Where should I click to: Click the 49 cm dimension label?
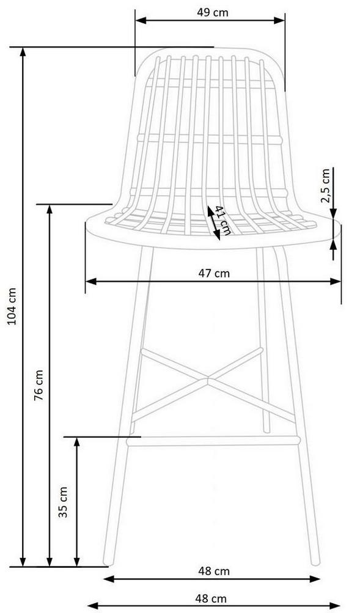point(212,12)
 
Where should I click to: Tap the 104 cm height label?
point(12,306)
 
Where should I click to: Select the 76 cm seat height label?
point(39,385)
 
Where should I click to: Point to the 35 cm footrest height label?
point(63,502)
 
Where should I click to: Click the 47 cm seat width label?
point(214,273)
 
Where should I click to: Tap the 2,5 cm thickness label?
point(325,186)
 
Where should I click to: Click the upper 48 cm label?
point(214,571)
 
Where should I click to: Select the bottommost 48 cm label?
point(211,598)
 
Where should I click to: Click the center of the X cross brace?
point(208,378)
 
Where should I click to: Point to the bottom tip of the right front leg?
point(315,563)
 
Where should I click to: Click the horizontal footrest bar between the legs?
point(213,441)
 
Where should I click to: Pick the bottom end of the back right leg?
point(266,431)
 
